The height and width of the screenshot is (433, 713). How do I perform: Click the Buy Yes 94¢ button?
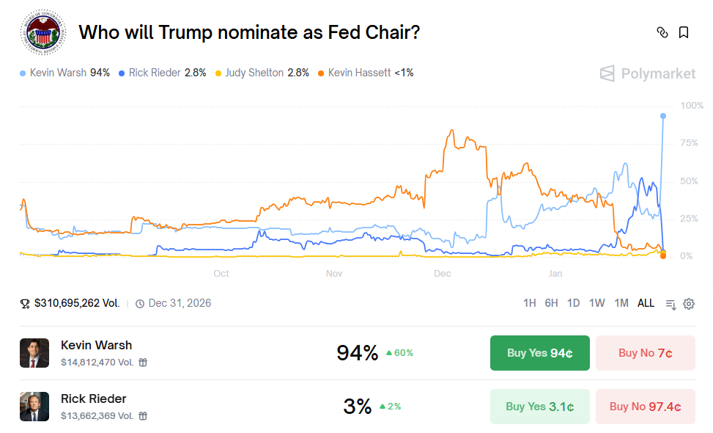click(x=539, y=353)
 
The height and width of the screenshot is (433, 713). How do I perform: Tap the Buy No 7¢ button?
click(x=645, y=353)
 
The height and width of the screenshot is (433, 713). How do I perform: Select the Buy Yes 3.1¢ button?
click(x=539, y=407)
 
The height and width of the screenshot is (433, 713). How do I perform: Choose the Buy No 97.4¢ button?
click(x=645, y=407)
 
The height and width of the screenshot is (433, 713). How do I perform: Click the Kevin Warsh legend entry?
click(x=65, y=73)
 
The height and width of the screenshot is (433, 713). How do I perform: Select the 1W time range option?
click(x=596, y=303)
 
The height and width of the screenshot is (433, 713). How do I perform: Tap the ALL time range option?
click(x=646, y=303)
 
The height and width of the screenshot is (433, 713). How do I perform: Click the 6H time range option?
click(x=551, y=303)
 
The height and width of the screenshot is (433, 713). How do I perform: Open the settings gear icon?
click(x=689, y=304)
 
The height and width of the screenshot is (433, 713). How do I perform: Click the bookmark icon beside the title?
click(x=683, y=32)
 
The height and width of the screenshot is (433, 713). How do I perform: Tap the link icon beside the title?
click(x=662, y=32)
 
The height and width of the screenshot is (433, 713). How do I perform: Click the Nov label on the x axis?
click(x=334, y=274)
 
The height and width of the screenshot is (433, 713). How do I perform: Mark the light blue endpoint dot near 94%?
click(x=663, y=116)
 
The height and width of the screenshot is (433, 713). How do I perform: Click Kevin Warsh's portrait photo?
click(x=34, y=353)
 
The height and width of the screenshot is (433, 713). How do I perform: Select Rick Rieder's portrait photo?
click(x=34, y=407)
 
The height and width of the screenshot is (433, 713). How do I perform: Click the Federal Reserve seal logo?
click(x=42, y=32)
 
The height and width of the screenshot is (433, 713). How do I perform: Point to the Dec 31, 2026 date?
click(x=180, y=303)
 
